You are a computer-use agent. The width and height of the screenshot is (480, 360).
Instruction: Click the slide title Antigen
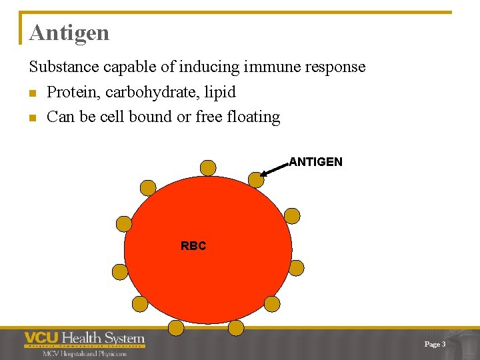[69, 33]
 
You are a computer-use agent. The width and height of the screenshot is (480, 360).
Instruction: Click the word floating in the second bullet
[254, 117]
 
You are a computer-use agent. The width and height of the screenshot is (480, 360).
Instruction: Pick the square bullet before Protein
[33, 93]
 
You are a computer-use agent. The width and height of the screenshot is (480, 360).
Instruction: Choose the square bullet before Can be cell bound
[33, 118]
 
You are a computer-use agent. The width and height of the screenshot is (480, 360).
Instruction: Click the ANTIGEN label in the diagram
[315, 162]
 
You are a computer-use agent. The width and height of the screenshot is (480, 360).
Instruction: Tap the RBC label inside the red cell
[193, 246]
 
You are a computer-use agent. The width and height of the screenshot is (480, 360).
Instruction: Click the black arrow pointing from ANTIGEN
[274, 168]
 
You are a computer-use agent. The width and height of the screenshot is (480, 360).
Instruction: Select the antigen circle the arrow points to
[255, 179]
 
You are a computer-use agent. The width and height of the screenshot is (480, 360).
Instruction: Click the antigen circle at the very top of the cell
[208, 167]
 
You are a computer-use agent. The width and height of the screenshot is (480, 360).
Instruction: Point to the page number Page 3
[435, 344]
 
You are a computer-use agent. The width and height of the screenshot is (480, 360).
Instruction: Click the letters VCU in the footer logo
[41, 339]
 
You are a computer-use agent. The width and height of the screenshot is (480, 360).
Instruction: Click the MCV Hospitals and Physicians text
[84, 353]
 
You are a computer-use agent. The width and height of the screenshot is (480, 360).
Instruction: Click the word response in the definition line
[339, 67]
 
